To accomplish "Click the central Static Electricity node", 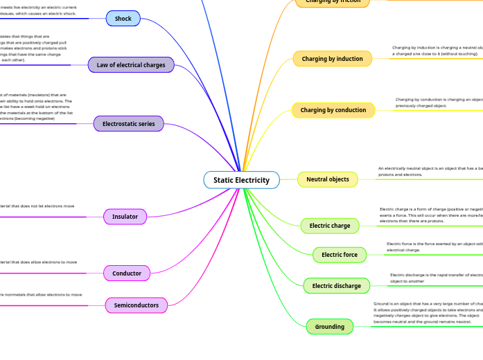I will [x=241, y=180].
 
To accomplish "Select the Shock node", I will [x=123, y=19].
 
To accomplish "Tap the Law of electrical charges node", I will [x=131, y=65].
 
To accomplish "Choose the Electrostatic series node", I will [x=129, y=124].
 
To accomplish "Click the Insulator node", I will [x=125, y=217].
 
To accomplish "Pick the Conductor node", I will [x=127, y=273].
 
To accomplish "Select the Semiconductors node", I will [x=137, y=305].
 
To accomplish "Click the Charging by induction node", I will [x=332, y=59].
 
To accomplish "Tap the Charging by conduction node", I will [x=333, y=110].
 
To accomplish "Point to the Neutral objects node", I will [x=328, y=179].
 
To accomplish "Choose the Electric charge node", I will [x=330, y=226].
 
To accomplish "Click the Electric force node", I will [x=340, y=255].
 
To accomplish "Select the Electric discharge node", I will [x=337, y=285].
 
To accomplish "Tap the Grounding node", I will [x=330, y=327].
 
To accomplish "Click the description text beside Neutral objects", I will [x=430, y=171].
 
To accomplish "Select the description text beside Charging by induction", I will [x=437, y=51].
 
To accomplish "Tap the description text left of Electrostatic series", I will [x=35, y=107].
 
